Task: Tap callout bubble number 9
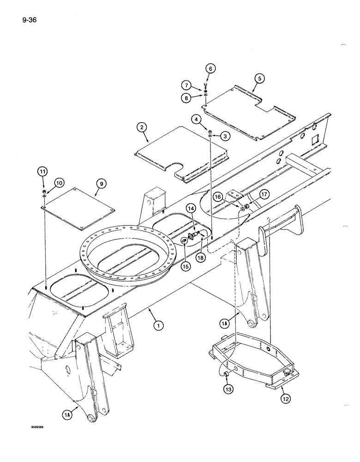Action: click(101, 184)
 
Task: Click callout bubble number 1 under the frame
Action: click(159, 326)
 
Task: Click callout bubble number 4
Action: click(197, 119)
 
